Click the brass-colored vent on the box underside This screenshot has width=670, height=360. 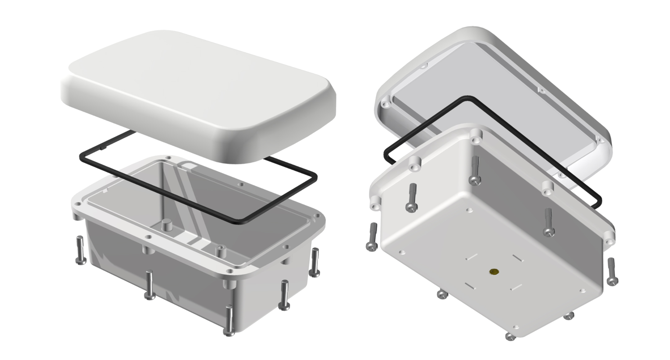tap(494, 272)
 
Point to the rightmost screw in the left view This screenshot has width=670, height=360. tap(315, 262)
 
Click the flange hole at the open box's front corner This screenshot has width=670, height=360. tap(230, 271)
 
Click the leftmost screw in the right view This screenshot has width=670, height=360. tap(371, 237)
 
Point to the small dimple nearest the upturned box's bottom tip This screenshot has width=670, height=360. tap(516, 327)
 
